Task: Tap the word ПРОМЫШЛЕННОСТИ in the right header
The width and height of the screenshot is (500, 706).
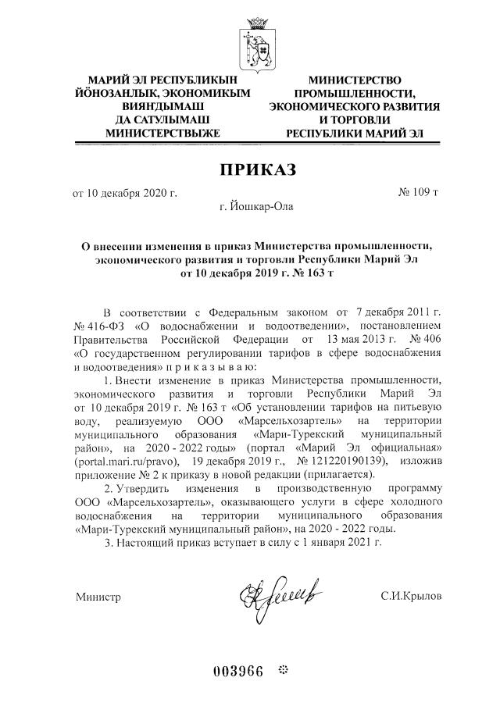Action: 354,93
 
